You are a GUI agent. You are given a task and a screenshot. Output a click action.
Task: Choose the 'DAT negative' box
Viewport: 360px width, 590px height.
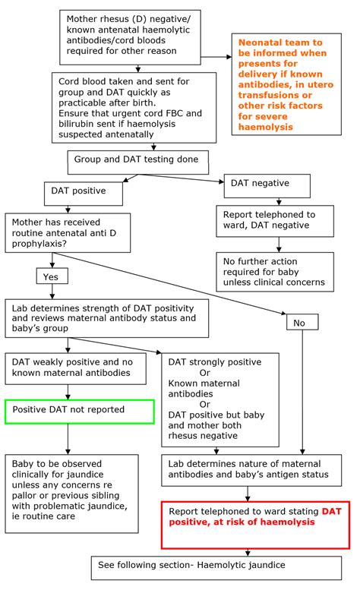267,186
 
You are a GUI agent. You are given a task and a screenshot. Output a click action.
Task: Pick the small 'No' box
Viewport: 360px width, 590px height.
302,322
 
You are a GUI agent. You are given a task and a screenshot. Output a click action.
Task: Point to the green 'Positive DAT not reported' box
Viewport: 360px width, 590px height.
80,410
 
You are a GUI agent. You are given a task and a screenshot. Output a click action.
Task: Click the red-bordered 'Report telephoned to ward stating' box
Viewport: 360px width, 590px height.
248,523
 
